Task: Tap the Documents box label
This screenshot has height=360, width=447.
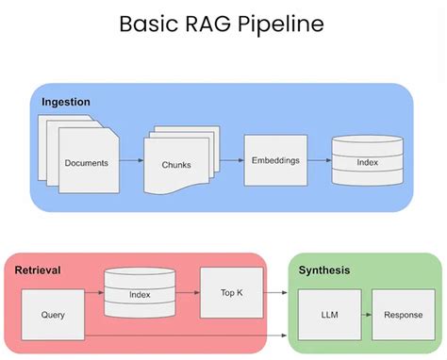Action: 86,162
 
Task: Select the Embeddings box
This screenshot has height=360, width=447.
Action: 276,159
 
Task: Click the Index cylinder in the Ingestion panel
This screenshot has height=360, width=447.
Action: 366,161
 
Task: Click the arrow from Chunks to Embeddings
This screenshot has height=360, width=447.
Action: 229,160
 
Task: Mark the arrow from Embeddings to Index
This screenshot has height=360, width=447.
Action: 321,160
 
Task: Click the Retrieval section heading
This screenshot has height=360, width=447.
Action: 38,270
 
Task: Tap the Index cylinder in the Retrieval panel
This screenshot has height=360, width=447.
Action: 140,294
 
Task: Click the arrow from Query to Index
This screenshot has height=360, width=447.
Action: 94,294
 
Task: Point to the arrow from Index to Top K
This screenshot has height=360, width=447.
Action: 187,294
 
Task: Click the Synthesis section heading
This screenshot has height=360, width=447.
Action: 324,270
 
